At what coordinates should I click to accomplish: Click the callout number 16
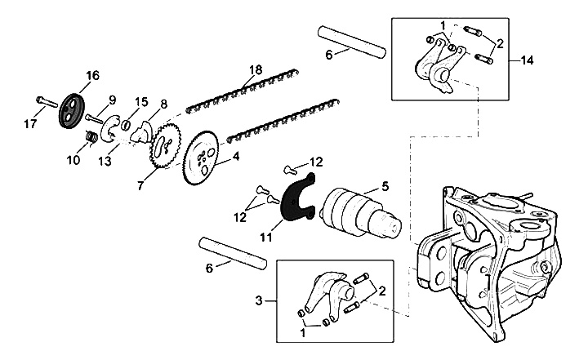click(91, 76)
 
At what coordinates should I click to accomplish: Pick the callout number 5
click(384, 186)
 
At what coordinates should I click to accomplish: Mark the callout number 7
click(140, 187)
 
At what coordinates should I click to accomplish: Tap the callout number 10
click(73, 159)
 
